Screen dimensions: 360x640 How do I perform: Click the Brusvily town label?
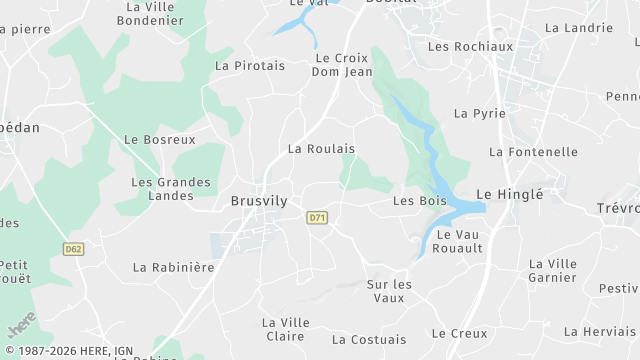259,201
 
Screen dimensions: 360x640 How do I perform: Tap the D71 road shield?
317,217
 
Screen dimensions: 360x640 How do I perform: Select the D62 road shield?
72,249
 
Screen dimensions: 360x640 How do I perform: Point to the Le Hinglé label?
509,194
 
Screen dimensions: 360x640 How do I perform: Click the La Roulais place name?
321,148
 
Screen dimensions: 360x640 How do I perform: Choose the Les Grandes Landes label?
171,190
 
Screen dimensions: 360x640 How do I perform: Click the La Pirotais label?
250,65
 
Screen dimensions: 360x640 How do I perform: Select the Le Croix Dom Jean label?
342,65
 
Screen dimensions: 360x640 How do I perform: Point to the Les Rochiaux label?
470,46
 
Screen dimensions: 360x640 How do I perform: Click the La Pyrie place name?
473,113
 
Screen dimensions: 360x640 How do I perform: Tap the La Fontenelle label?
533,152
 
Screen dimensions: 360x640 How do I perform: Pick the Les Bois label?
419,201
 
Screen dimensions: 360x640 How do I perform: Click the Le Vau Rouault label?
460,241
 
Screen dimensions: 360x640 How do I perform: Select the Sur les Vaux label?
389,291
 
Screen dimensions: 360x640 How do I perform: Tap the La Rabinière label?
174,267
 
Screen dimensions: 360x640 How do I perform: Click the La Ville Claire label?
284,329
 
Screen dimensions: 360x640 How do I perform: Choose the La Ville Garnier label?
553,270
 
